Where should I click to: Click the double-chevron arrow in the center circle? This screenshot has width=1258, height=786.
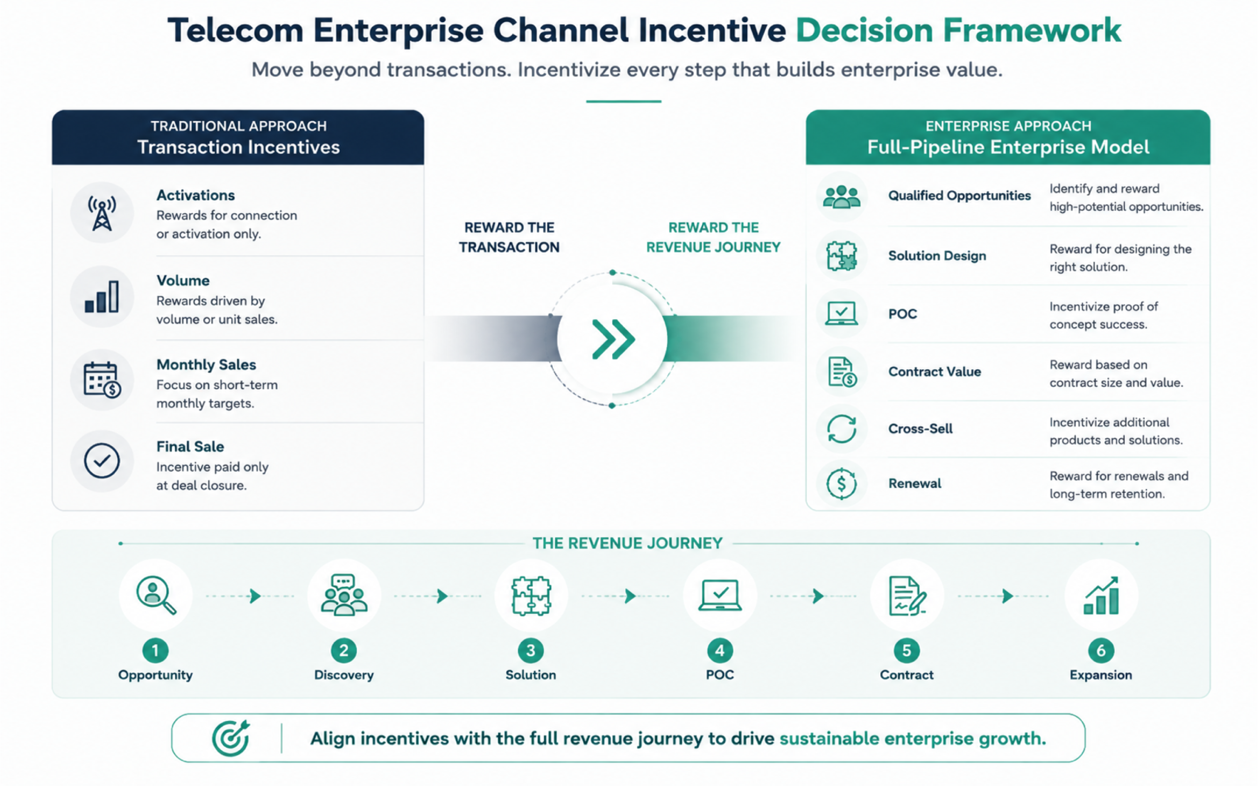click(613, 339)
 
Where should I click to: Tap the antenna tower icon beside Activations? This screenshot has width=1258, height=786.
click(102, 213)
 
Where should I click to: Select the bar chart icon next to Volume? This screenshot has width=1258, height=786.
click(102, 297)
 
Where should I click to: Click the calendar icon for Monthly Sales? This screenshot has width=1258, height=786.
click(102, 380)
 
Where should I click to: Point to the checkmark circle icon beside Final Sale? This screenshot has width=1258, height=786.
click(102, 461)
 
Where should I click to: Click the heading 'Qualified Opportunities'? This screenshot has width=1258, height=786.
click(959, 196)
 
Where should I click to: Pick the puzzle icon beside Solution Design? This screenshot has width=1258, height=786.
click(841, 256)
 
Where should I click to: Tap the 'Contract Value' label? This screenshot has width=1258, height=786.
click(934, 372)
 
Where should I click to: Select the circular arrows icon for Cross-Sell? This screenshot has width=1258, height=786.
click(841, 429)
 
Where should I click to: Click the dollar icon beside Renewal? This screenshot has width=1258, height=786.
click(841, 483)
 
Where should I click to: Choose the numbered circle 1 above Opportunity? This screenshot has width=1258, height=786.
click(155, 650)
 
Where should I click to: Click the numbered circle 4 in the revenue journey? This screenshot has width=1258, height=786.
click(720, 650)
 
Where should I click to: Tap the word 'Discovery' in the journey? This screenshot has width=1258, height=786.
click(344, 675)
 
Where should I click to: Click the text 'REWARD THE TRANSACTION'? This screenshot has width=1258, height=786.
click(509, 237)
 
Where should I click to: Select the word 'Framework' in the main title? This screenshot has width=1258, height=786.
click(1032, 30)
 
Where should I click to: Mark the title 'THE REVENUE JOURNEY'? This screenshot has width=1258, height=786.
click(628, 543)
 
